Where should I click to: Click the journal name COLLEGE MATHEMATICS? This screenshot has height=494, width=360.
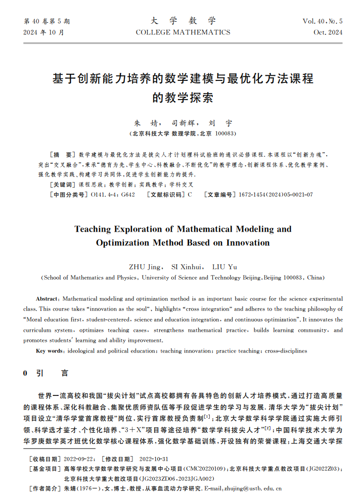[x=183, y=32]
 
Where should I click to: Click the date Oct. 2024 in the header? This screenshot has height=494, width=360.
[x=328, y=32]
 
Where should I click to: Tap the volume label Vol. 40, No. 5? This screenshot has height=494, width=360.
[x=323, y=21]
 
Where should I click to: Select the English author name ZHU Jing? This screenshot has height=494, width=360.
[x=145, y=267]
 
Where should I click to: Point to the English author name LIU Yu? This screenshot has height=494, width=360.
[x=224, y=267]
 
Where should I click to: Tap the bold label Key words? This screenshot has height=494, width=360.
[x=49, y=351]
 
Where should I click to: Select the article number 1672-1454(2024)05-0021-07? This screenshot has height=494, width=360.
[x=276, y=195]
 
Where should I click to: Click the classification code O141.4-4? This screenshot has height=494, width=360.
[x=104, y=195]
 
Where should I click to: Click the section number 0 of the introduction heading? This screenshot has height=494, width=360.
[x=25, y=373]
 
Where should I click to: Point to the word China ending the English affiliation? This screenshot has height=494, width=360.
[x=315, y=278]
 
